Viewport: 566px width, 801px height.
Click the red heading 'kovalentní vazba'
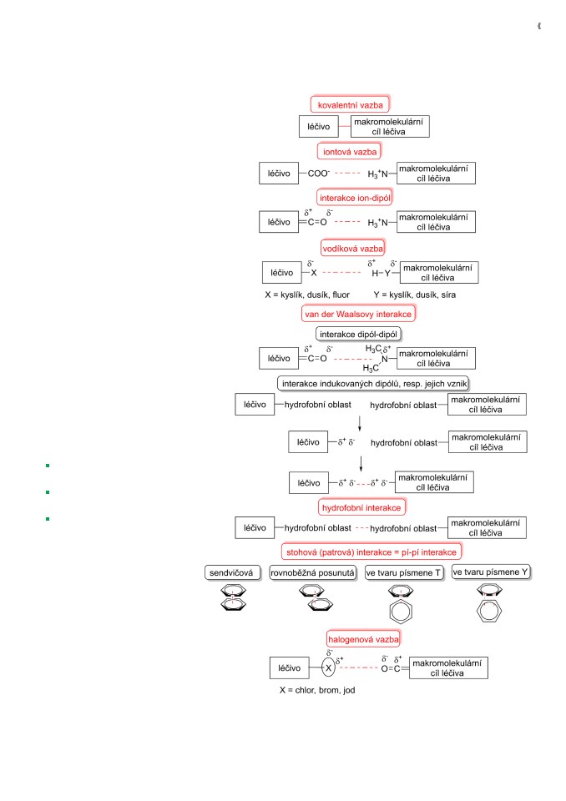(351, 105)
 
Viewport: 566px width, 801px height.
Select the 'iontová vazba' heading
(350, 151)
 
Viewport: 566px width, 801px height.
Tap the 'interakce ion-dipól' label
(355, 198)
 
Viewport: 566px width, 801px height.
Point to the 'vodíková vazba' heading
(353, 249)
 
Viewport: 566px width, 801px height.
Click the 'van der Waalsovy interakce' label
(358, 314)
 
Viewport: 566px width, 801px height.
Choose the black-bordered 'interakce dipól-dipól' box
(358, 334)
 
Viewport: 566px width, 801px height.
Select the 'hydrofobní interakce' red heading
(361, 507)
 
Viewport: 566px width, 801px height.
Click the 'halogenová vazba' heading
(363, 639)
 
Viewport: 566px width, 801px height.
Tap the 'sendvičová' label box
(231, 572)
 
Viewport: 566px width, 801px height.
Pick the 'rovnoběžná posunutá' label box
(313, 572)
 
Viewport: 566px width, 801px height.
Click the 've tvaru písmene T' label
(404, 572)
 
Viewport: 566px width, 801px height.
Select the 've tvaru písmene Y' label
(491, 572)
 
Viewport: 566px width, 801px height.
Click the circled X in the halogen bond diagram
(328, 667)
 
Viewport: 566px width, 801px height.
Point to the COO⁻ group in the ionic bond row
(319, 174)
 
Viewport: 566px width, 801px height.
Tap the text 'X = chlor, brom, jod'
(317, 690)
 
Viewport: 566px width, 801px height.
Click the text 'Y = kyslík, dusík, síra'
(415, 295)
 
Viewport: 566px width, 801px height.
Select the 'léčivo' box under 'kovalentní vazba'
(319, 127)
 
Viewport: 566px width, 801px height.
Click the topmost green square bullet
(48, 466)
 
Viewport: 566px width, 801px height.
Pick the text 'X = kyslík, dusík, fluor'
(307, 295)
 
